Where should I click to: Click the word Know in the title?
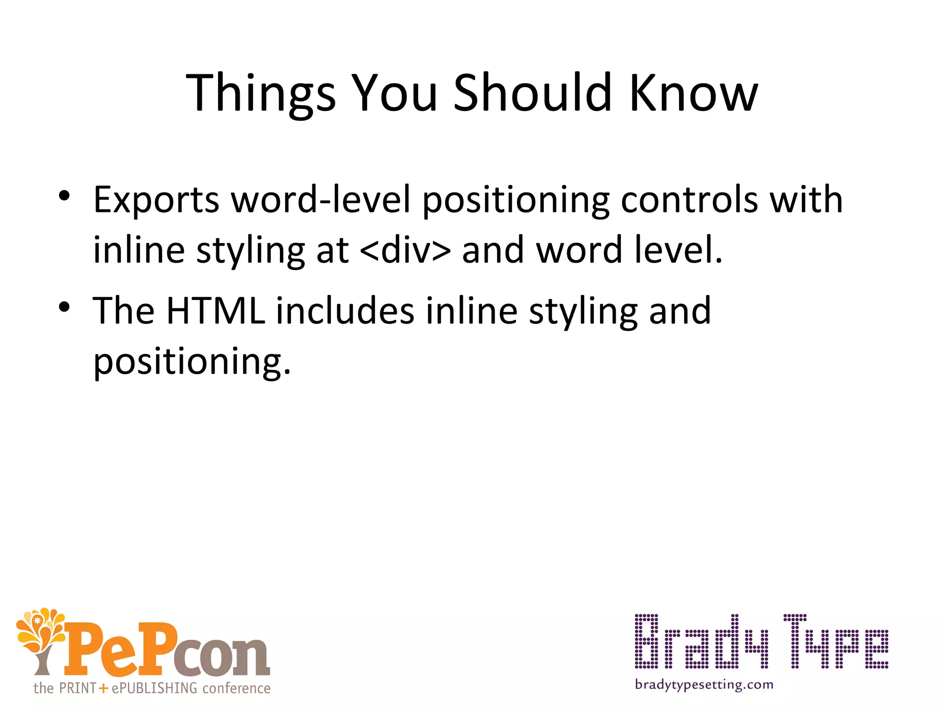pyautogui.click(x=693, y=94)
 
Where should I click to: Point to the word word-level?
pyautogui.click(x=321, y=199)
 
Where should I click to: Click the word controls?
pyautogui.click(x=689, y=199)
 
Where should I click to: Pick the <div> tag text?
pyautogui.click(x=405, y=250)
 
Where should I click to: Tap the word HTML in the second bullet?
pyautogui.click(x=215, y=311)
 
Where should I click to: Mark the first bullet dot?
pyautogui.click(x=64, y=195)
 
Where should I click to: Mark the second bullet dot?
pyautogui.click(x=64, y=306)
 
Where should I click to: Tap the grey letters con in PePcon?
pyautogui.click(x=221, y=655)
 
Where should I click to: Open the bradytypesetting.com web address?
pyautogui.click(x=704, y=685)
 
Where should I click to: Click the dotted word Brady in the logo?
pyautogui.click(x=702, y=642)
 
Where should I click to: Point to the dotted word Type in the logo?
pyautogui.click(x=836, y=642)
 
